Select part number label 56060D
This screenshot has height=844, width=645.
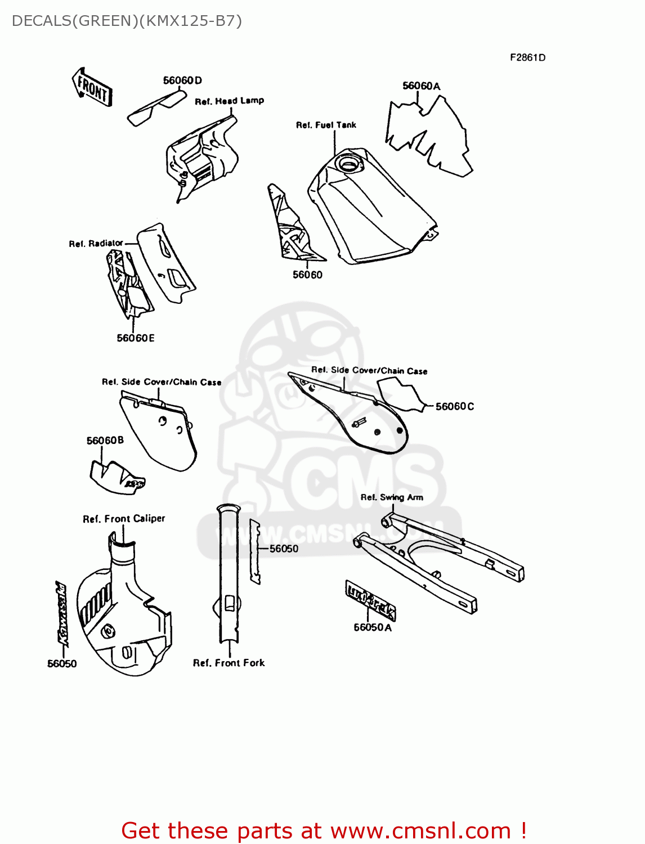click(x=182, y=80)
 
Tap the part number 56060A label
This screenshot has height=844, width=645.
click(x=421, y=86)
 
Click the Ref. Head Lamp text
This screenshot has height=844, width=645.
click(x=229, y=101)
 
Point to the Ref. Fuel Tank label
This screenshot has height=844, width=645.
click(x=326, y=125)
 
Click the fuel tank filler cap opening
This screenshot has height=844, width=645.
click(x=348, y=164)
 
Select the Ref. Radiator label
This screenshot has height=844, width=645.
click(x=96, y=244)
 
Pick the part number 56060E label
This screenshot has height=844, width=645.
click(x=135, y=338)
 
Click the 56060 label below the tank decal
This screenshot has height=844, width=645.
click(x=307, y=275)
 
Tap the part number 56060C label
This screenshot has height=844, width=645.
click(x=455, y=406)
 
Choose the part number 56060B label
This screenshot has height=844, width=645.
click(x=105, y=441)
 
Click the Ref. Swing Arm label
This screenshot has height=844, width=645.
click(x=392, y=497)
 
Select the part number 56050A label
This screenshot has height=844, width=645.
click(x=372, y=627)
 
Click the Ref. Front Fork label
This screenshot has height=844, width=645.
click(x=229, y=663)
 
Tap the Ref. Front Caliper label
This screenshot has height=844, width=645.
click(x=124, y=519)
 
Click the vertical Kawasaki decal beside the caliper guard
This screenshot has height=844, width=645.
click(x=62, y=612)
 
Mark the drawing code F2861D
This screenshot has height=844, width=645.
click(x=527, y=57)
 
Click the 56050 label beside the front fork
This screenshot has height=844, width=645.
click(x=284, y=549)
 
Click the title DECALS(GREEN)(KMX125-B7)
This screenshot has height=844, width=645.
click(x=127, y=21)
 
